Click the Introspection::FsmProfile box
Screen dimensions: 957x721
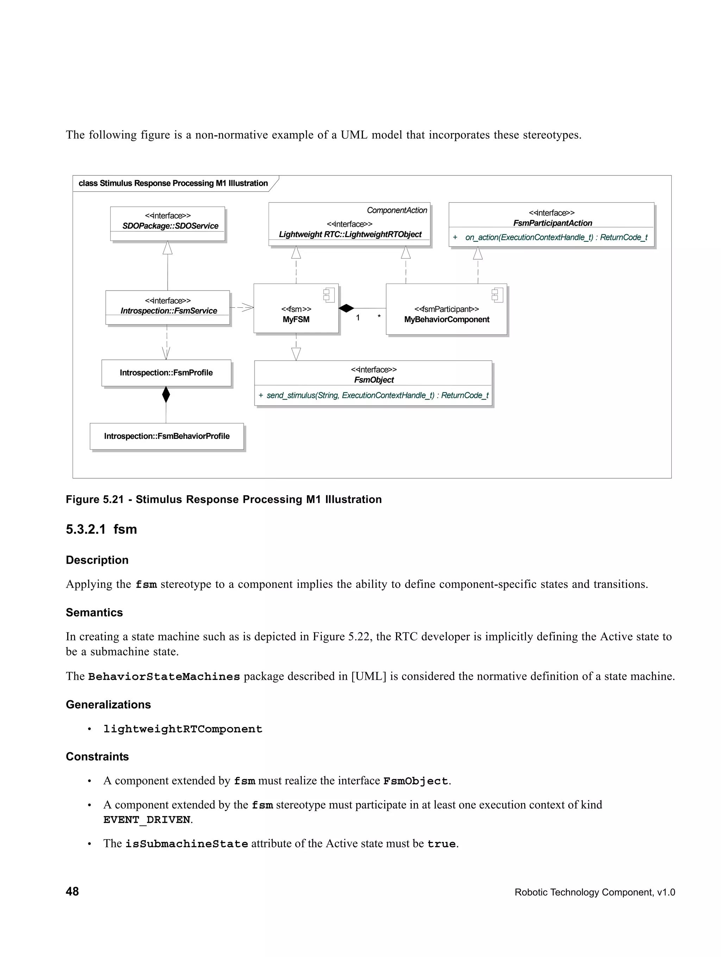166,372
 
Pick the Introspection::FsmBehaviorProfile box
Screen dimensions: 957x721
167,436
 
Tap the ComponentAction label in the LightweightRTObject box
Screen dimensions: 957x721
397,210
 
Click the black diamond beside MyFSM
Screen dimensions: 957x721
346,308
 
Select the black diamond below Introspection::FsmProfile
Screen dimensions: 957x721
166,395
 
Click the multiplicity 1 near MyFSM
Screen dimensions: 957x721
358,318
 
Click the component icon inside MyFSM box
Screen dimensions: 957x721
329,295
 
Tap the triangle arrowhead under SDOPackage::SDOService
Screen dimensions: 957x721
168,248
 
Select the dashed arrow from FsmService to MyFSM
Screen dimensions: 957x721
242,308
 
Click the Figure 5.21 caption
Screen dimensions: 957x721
224,499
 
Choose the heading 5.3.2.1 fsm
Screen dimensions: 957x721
101,529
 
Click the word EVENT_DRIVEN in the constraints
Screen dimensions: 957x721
147,820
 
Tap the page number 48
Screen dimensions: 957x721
72,891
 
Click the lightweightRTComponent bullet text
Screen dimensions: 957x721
183,729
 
